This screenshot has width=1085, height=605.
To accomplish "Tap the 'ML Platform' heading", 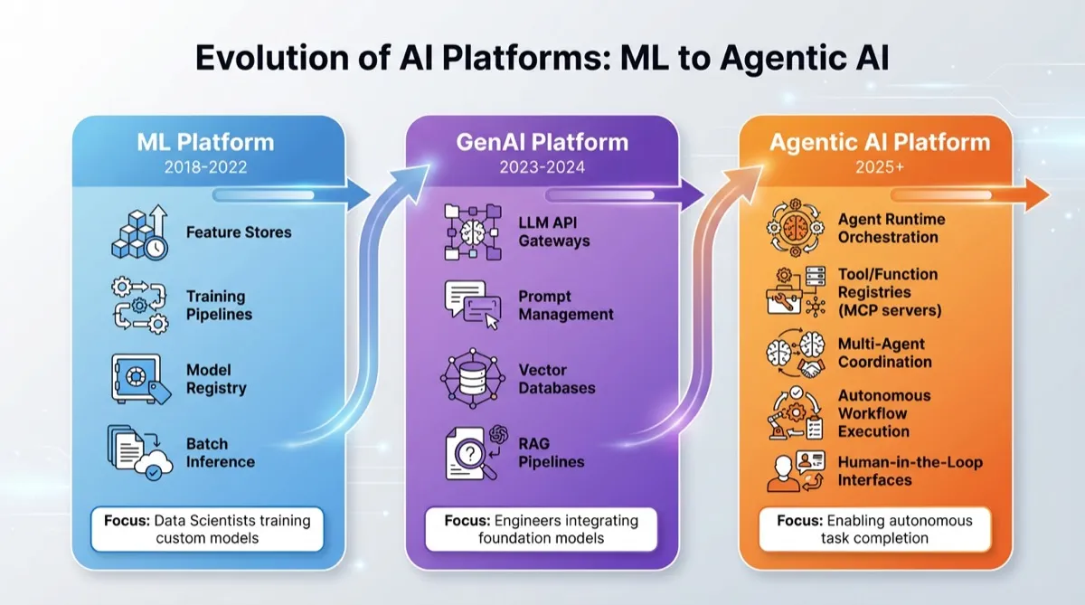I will [205, 142].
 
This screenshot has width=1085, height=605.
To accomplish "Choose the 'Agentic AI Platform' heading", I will [880, 142].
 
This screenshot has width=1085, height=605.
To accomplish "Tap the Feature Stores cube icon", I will [137, 232].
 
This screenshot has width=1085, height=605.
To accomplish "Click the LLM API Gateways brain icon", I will [472, 232].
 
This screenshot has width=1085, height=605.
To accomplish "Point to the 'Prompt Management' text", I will [565, 305].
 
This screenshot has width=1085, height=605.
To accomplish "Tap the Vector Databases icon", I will [472, 378].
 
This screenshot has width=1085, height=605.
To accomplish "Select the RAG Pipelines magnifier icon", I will [472, 452].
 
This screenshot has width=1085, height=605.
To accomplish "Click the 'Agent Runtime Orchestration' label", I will [891, 228].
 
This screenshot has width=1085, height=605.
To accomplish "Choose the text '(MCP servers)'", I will [890, 310].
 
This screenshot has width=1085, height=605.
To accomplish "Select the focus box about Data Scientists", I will [205, 529].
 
